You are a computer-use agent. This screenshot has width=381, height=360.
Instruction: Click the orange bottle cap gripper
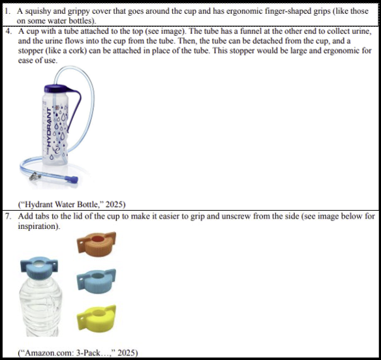click(97, 244)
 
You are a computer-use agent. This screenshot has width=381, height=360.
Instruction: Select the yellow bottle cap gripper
click(97, 317)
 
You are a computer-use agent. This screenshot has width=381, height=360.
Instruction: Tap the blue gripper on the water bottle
click(39, 267)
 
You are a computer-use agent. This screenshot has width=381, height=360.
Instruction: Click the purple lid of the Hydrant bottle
click(57, 89)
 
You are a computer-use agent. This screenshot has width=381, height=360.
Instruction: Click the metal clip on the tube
click(35, 176)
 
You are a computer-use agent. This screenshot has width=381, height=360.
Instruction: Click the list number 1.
click(8, 11)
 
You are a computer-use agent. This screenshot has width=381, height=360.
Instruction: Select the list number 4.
click(8, 31)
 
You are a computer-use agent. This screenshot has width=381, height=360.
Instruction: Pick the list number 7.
click(8, 216)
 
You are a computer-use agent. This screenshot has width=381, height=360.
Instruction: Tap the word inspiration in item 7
click(38, 226)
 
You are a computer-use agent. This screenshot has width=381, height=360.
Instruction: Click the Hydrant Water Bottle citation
click(72, 205)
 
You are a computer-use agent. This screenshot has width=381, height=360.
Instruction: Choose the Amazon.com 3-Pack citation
click(78, 352)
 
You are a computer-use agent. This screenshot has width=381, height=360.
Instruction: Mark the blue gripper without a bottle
click(97, 281)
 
